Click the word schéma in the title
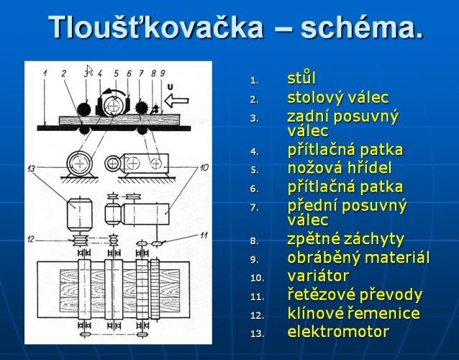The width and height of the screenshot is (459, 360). point(358,27)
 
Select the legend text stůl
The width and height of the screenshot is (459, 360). point(301,78)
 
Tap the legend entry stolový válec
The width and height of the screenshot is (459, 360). point(338,97)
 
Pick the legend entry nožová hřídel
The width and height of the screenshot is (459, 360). point(340,168)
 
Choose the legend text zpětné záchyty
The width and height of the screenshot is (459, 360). point(345,239)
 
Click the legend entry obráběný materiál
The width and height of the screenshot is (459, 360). point(358,258)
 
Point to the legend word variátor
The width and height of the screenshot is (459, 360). point(318,276)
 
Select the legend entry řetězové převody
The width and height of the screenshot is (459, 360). point(355,294)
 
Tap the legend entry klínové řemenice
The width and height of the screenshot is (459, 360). point(354,312)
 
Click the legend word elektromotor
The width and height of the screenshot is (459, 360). point(338,332)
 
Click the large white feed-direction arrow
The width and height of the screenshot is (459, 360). point(176,101)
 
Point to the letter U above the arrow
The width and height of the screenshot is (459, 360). point(171,86)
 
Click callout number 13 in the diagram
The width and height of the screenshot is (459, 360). point(31,168)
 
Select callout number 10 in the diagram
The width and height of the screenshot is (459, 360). point(204,167)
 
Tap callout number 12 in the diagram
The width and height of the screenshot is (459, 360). point(31,239)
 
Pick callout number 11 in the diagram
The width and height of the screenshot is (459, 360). point(204,235)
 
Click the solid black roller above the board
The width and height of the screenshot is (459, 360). point(84,109)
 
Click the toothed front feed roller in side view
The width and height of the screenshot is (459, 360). point(142,107)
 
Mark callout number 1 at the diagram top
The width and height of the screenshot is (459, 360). point(45,73)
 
